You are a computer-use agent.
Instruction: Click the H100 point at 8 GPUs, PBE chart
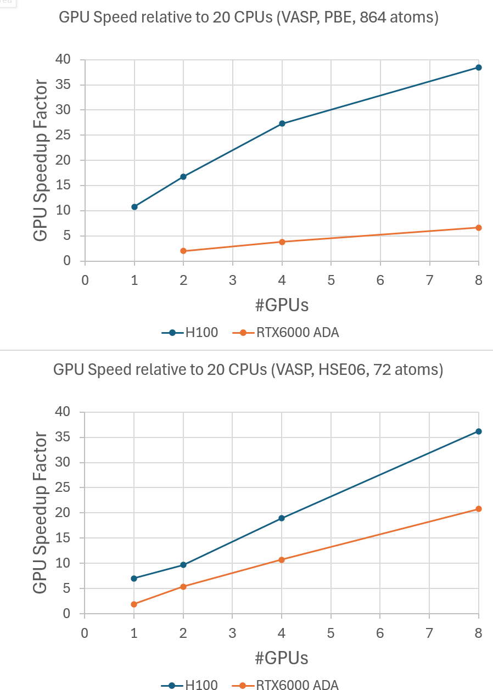click(x=479, y=68)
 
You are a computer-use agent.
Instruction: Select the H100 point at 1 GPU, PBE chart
click(x=135, y=207)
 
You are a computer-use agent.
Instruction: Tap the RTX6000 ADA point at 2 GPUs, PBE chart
click(x=183, y=251)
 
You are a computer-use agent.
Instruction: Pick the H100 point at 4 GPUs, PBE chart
click(x=282, y=124)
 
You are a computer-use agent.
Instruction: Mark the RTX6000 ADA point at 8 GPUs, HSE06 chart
click(x=479, y=509)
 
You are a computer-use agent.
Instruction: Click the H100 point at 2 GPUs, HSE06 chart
click(x=183, y=565)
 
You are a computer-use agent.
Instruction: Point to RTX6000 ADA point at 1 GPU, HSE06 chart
click(x=135, y=604)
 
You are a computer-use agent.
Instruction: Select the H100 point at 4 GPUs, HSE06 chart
click(x=282, y=518)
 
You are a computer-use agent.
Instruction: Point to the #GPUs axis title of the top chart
click(x=282, y=305)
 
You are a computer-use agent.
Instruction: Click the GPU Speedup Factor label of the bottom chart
click(x=41, y=512)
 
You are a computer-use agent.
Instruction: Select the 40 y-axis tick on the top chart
click(x=63, y=59)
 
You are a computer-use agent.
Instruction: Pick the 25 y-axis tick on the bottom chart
click(x=63, y=488)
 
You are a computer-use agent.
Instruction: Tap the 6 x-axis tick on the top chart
click(x=380, y=280)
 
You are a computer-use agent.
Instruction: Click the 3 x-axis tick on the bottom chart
click(x=232, y=632)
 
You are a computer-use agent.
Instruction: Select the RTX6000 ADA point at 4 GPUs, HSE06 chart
click(x=282, y=560)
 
